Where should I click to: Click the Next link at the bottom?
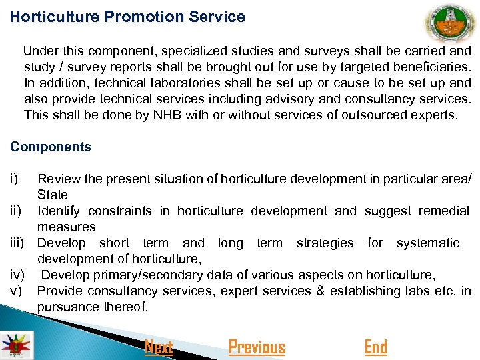click(159, 347)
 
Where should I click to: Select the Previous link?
click(257, 347)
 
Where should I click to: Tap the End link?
click(375, 347)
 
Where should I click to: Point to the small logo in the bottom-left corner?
click(13, 345)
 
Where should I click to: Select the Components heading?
click(51, 147)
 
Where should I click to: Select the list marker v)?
click(17, 291)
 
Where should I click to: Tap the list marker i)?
click(14, 179)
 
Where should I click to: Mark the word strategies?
click(325, 243)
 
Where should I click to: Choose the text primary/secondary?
click(133, 275)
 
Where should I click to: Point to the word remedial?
click(444, 211)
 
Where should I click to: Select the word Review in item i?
click(56, 179)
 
